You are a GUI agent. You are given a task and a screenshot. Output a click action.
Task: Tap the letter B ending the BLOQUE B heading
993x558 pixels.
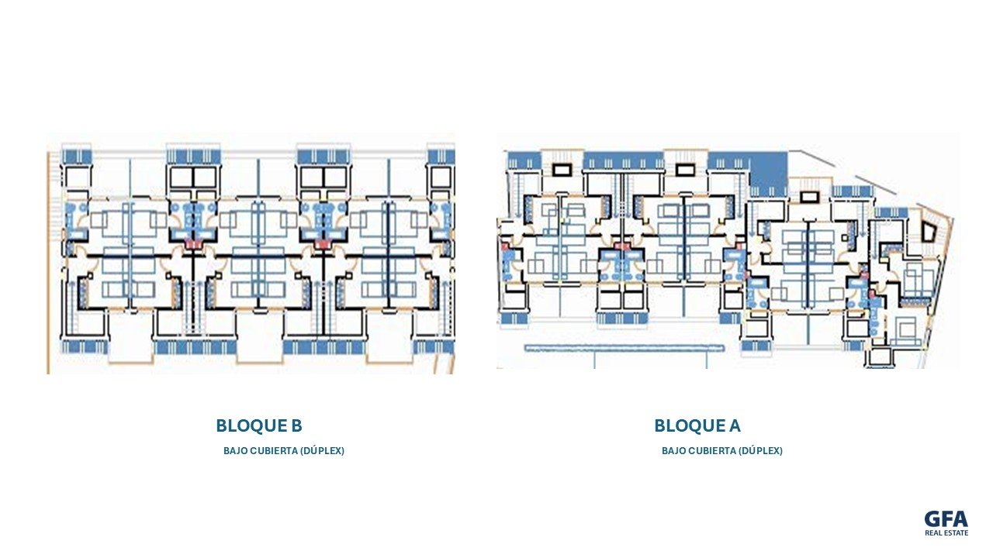[297, 426]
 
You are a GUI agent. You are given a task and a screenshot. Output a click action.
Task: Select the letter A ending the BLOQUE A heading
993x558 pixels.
[735, 426]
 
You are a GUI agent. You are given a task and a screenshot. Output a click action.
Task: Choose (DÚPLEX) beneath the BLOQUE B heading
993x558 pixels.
[322, 451]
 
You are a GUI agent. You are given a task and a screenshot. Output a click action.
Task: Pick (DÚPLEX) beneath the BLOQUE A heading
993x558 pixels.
[761, 451]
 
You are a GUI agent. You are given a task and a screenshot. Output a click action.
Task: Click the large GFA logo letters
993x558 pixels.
[946, 519]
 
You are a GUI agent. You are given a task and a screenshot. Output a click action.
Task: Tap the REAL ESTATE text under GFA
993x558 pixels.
[946, 532]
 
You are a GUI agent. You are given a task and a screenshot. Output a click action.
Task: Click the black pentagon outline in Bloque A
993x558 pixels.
[929, 231]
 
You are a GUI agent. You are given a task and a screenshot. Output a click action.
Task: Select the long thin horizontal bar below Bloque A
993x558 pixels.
[625, 348]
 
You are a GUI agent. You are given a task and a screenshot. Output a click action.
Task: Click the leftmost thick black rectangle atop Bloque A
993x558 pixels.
[563, 169]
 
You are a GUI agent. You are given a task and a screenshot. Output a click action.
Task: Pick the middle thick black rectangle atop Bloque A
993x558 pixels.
[685, 169]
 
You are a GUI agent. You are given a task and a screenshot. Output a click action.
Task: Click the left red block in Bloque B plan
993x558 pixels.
[193, 243]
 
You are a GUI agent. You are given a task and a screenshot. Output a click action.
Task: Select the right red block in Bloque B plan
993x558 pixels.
[324, 243]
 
